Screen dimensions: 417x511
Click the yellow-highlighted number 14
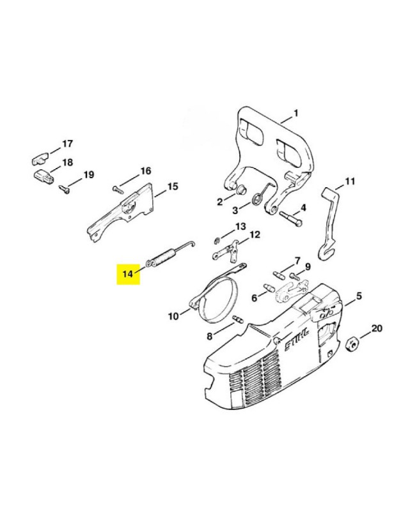point(128,273)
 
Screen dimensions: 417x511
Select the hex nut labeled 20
point(352,344)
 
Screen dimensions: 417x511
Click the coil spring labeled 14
point(170,254)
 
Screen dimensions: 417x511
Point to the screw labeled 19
point(64,188)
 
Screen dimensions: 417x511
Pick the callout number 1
point(296,114)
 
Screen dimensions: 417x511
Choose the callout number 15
point(173,187)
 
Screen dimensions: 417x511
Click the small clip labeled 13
point(217,240)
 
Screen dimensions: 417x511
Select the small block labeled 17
point(40,158)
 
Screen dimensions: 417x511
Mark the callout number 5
point(359,296)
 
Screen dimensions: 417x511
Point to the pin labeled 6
point(269,288)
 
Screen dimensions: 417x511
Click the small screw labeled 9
point(294,276)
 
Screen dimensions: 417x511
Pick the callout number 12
point(255,234)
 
